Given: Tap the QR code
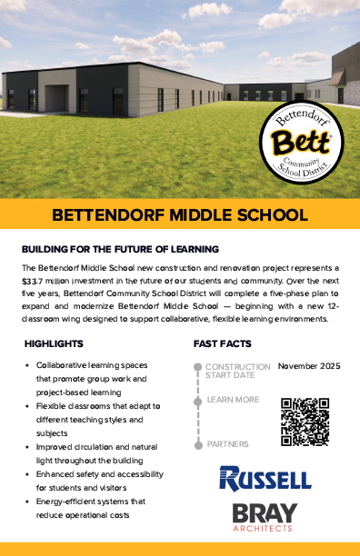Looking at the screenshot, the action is click(x=305, y=421).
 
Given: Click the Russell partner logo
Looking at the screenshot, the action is click(x=265, y=478).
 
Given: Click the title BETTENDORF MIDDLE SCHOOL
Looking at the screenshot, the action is click(x=180, y=216).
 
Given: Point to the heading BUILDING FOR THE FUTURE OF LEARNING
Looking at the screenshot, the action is click(x=120, y=248).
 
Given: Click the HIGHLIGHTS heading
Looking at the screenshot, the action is click(x=55, y=344).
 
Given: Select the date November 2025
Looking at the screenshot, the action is click(x=308, y=366).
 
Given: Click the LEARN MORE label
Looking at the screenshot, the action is click(x=233, y=399).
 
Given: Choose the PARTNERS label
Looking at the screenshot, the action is click(x=227, y=443).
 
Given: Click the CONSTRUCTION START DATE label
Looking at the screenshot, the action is click(x=237, y=371).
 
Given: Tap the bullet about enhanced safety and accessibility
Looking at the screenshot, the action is click(x=91, y=476).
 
